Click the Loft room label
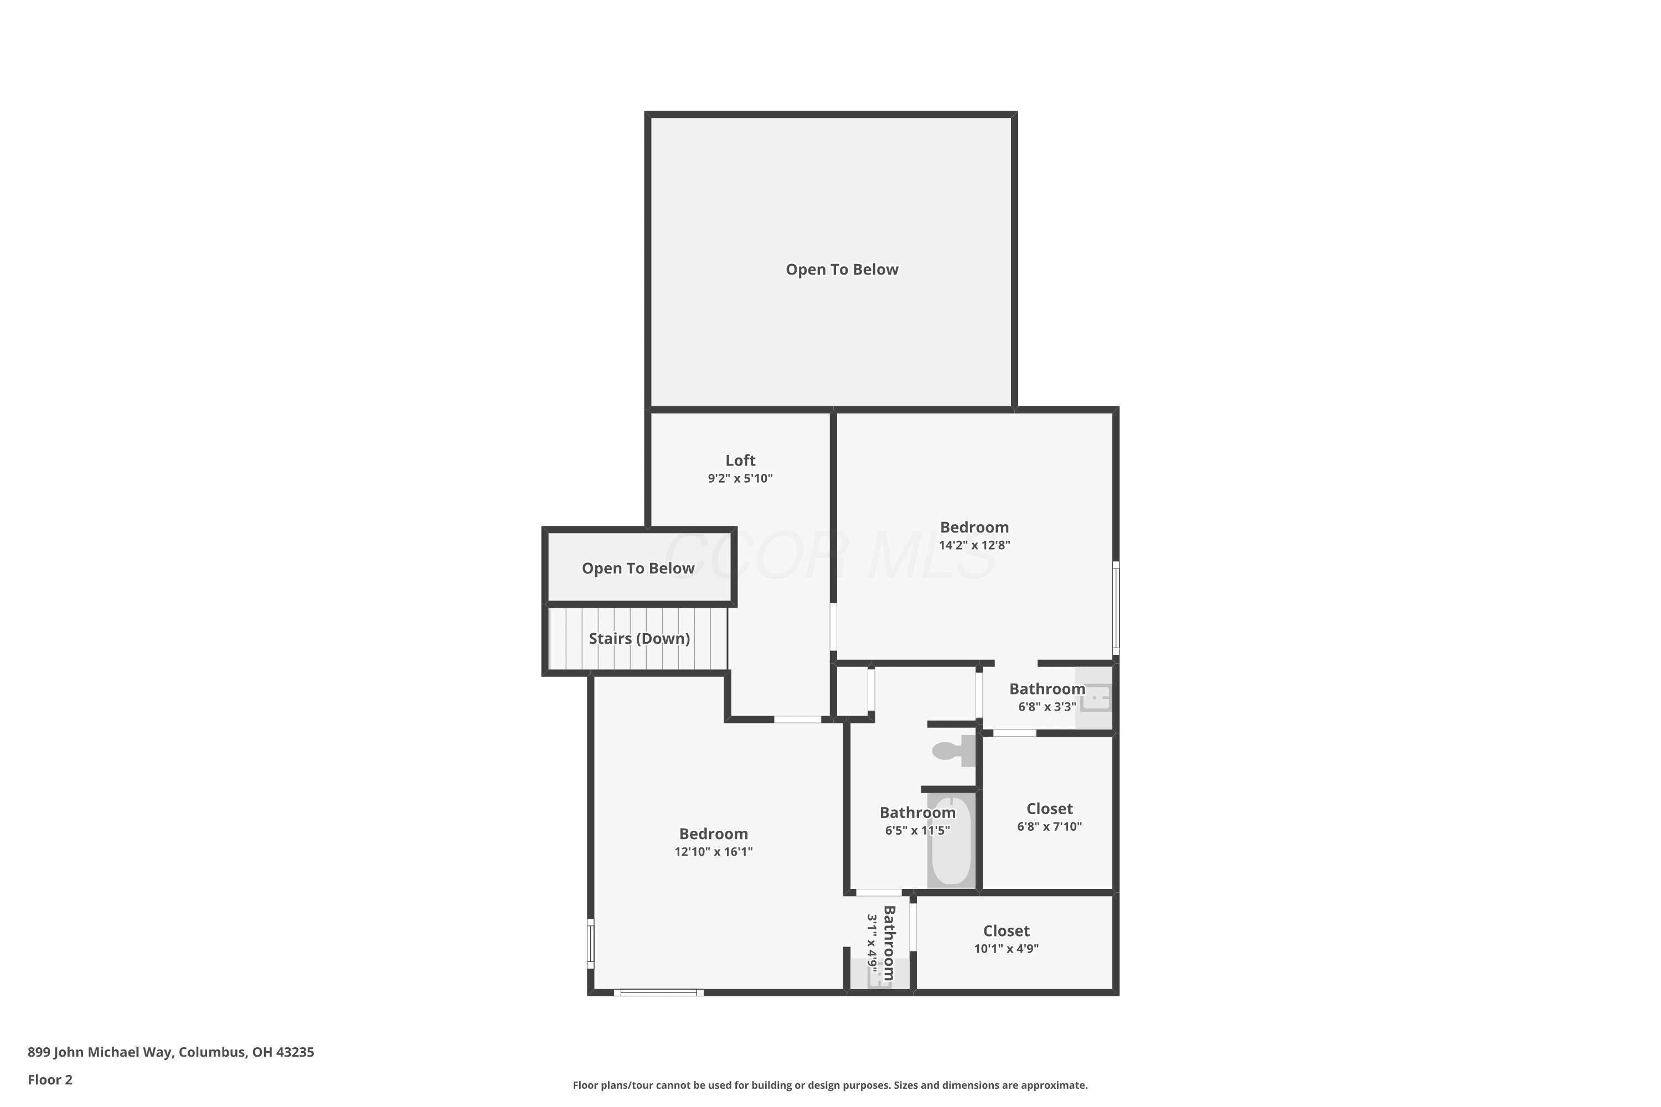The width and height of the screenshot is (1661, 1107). pos(740,461)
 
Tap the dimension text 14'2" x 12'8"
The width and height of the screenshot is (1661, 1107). pos(974,545)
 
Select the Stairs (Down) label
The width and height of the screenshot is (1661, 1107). pos(639,639)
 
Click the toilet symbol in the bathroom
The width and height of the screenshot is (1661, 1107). pos(953,751)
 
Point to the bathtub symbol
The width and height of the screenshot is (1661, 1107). pos(951,841)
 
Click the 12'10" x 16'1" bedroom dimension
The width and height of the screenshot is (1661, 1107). pos(713,851)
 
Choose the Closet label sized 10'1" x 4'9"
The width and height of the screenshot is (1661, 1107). pos(1007,930)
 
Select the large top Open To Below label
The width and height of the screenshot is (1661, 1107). pos(842,269)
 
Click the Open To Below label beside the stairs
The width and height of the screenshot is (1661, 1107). pos(638,568)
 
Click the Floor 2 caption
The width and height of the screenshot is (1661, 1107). pos(50,1079)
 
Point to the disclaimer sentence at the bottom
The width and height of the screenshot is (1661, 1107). pos(830,1085)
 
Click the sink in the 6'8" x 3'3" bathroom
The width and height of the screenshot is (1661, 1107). pos(1095,698)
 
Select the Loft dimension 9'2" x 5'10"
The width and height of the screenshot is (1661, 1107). pos(740,479)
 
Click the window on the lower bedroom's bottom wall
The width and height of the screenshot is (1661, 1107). pos(658,992)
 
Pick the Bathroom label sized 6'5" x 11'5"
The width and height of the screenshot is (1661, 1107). pos(917,813)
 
